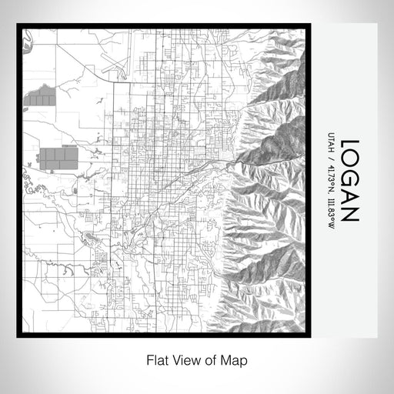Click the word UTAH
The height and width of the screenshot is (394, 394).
click(x=331, y=144)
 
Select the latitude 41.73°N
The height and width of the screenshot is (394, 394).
click(x=331, y=176)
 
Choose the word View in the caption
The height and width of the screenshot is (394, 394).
click(x=185, y=360)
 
